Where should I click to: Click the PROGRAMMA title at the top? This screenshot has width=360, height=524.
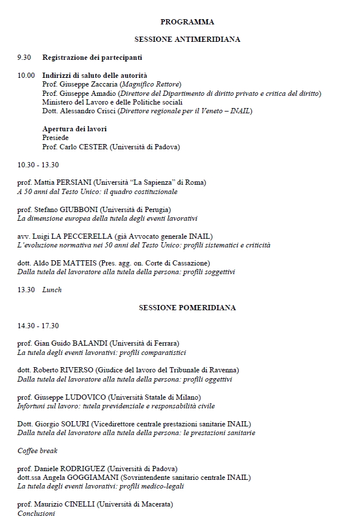click(x=187, y=22)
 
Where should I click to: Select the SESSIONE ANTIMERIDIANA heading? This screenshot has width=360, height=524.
click(x=187, y=40)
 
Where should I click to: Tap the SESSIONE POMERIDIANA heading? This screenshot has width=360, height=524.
click(x=187, y=307)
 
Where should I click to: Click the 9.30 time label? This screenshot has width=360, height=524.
click(x=24, y=58)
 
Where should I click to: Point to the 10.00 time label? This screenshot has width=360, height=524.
click(x=26, y=76)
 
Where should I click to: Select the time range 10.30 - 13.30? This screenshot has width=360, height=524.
click(x=38, y=164)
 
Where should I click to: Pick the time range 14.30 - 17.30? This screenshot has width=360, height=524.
click(x=38, y=325)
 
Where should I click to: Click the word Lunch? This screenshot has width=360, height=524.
click(x=52, y=289)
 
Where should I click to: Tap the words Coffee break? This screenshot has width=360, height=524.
click(x=38, y=450)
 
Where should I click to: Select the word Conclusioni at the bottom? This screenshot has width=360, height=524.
click(x=36, y=513)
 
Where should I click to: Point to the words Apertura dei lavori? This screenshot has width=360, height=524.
click(x=74, y=129)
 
